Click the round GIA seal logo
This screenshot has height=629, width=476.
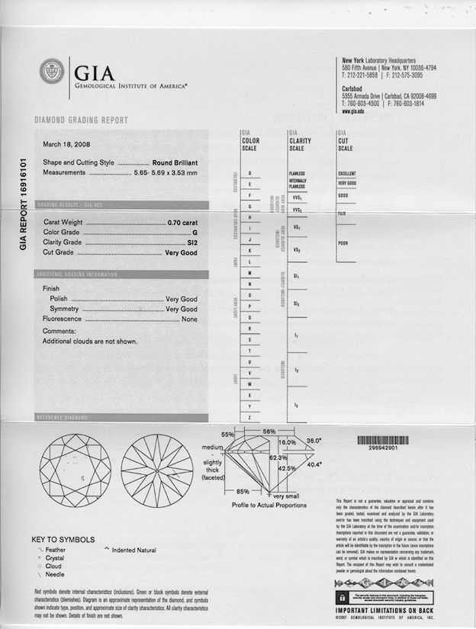coord(52,72)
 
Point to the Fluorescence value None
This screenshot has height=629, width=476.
coord(189,319)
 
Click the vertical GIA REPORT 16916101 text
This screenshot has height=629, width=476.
coord(23,206)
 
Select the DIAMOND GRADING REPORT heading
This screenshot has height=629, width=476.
coord(82,120)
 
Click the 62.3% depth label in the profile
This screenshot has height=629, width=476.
coord(278,457)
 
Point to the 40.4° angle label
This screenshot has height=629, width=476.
coord(314,464)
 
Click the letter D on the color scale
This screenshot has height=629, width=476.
coord(250,173)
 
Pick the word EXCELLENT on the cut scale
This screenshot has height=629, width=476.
coord(347,174)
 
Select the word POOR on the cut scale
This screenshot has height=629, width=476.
coord(344,242)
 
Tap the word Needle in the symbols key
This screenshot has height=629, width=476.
coord(56,576)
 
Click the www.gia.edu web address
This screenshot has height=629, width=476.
coord(352,111)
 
